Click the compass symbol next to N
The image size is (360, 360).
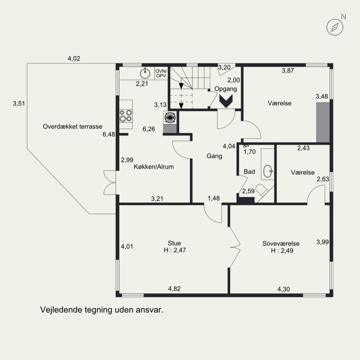tap(335, 27)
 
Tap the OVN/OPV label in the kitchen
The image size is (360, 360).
tap(161, 73)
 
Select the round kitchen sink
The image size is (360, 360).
tap(145, 73)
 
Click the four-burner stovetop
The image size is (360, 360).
tap(126, 116)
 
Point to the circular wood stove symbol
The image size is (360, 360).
tap(170, 117)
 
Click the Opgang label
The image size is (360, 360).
tap(226, 89)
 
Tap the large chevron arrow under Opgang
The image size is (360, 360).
tap(226, 101)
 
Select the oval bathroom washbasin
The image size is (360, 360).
tap(268, 171)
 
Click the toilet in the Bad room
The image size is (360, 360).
tap(262, 190)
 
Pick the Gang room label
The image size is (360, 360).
tap(215, 156)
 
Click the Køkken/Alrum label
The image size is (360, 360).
tap(153, 166)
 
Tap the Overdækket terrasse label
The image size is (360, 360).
tap(72, 126)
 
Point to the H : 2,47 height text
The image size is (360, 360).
tap(175, 250)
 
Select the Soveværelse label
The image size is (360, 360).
tap(281, 243)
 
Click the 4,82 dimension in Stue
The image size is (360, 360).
tap(175, 288)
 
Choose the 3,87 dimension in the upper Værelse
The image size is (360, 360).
tap(288, 71)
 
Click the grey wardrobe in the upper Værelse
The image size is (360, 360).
tap(323, 122)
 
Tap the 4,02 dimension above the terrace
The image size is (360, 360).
tap(74, 58)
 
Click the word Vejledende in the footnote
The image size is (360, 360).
tap(61, 310)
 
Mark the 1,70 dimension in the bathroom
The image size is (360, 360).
tap(250, 152)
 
